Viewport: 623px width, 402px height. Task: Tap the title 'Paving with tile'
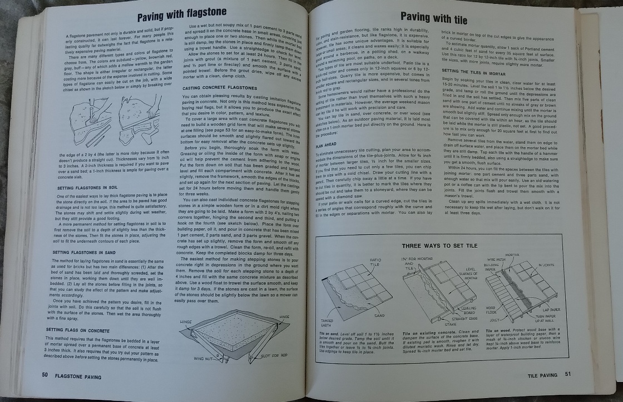coord(434,19)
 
